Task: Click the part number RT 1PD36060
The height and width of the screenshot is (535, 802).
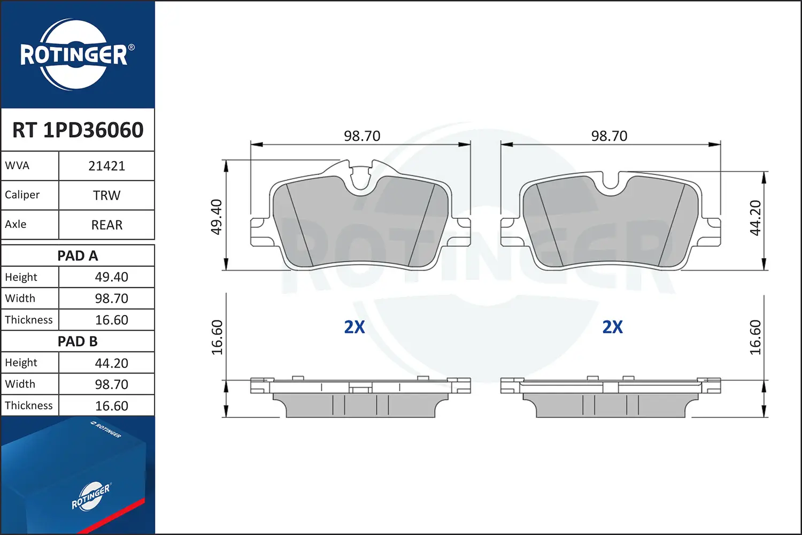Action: click(x=78, y=129)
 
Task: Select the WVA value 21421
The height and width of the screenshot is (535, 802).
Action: click(x=107, y=166)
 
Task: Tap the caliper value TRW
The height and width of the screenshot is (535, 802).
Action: click(x=107, y=195)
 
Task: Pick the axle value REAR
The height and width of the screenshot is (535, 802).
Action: click(x=107, y=225)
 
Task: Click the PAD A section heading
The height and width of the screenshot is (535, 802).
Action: click(x=78, y=256)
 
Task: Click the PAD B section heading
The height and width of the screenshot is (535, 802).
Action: click(x=78, y=341)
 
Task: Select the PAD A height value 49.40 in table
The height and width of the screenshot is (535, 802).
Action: click(x=111, y=277)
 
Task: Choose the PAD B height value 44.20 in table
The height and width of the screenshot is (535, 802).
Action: click(x=111, y=363)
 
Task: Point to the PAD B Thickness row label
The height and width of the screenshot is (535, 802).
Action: click(x=29, y=406)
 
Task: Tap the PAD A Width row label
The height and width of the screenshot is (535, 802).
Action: click(x=20, y=298)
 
